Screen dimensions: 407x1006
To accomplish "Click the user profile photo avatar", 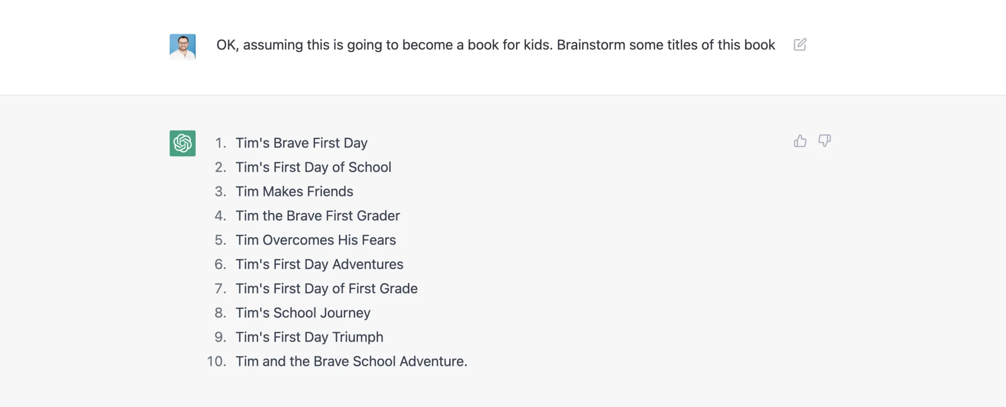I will [182, 47].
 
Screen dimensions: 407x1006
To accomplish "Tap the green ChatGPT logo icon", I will [182, 143].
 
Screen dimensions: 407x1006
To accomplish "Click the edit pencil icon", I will [800, 45].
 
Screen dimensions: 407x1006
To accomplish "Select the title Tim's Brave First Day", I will [301, 143].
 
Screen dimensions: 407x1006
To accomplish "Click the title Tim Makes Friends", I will [294, 191].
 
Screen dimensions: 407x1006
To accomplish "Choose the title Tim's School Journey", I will [303, 313].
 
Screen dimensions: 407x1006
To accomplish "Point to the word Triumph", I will [358, 337].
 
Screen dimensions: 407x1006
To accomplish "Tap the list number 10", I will [216, 361].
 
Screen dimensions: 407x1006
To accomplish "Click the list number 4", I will [220, 216].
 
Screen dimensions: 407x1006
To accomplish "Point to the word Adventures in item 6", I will [368, 264].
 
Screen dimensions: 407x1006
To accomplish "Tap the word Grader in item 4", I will [378, 216].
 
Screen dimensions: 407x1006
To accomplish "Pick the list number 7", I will [220, 289].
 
